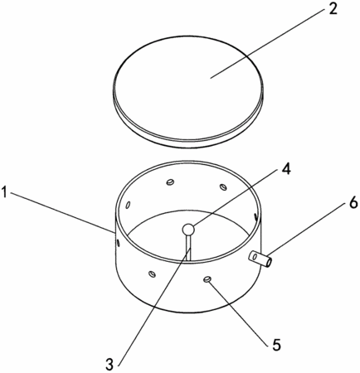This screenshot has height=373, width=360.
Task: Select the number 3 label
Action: click(109, 365)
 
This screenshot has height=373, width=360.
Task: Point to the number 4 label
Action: click(285, 168)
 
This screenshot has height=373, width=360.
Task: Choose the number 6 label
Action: click(352, 203)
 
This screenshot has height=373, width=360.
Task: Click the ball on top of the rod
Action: click(188, 229)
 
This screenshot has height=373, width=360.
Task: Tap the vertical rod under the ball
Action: click(188, 247)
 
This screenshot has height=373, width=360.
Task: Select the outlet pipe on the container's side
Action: click(260, 259)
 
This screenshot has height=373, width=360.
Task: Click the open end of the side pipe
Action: click(268, 262)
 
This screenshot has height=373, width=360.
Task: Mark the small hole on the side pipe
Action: click(255, 257)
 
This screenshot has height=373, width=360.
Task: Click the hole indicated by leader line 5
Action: click(207, 279)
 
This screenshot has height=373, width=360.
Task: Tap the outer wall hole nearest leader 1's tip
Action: click(118, 243)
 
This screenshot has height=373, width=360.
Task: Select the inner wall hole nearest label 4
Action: click(223, 187)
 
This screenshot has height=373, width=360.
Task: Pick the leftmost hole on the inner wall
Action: click(128, 205)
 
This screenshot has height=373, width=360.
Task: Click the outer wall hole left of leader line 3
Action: click(152, 274)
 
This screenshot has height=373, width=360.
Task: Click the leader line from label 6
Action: click(306, 230)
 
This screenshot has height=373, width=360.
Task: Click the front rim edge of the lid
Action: click(188, 143)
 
